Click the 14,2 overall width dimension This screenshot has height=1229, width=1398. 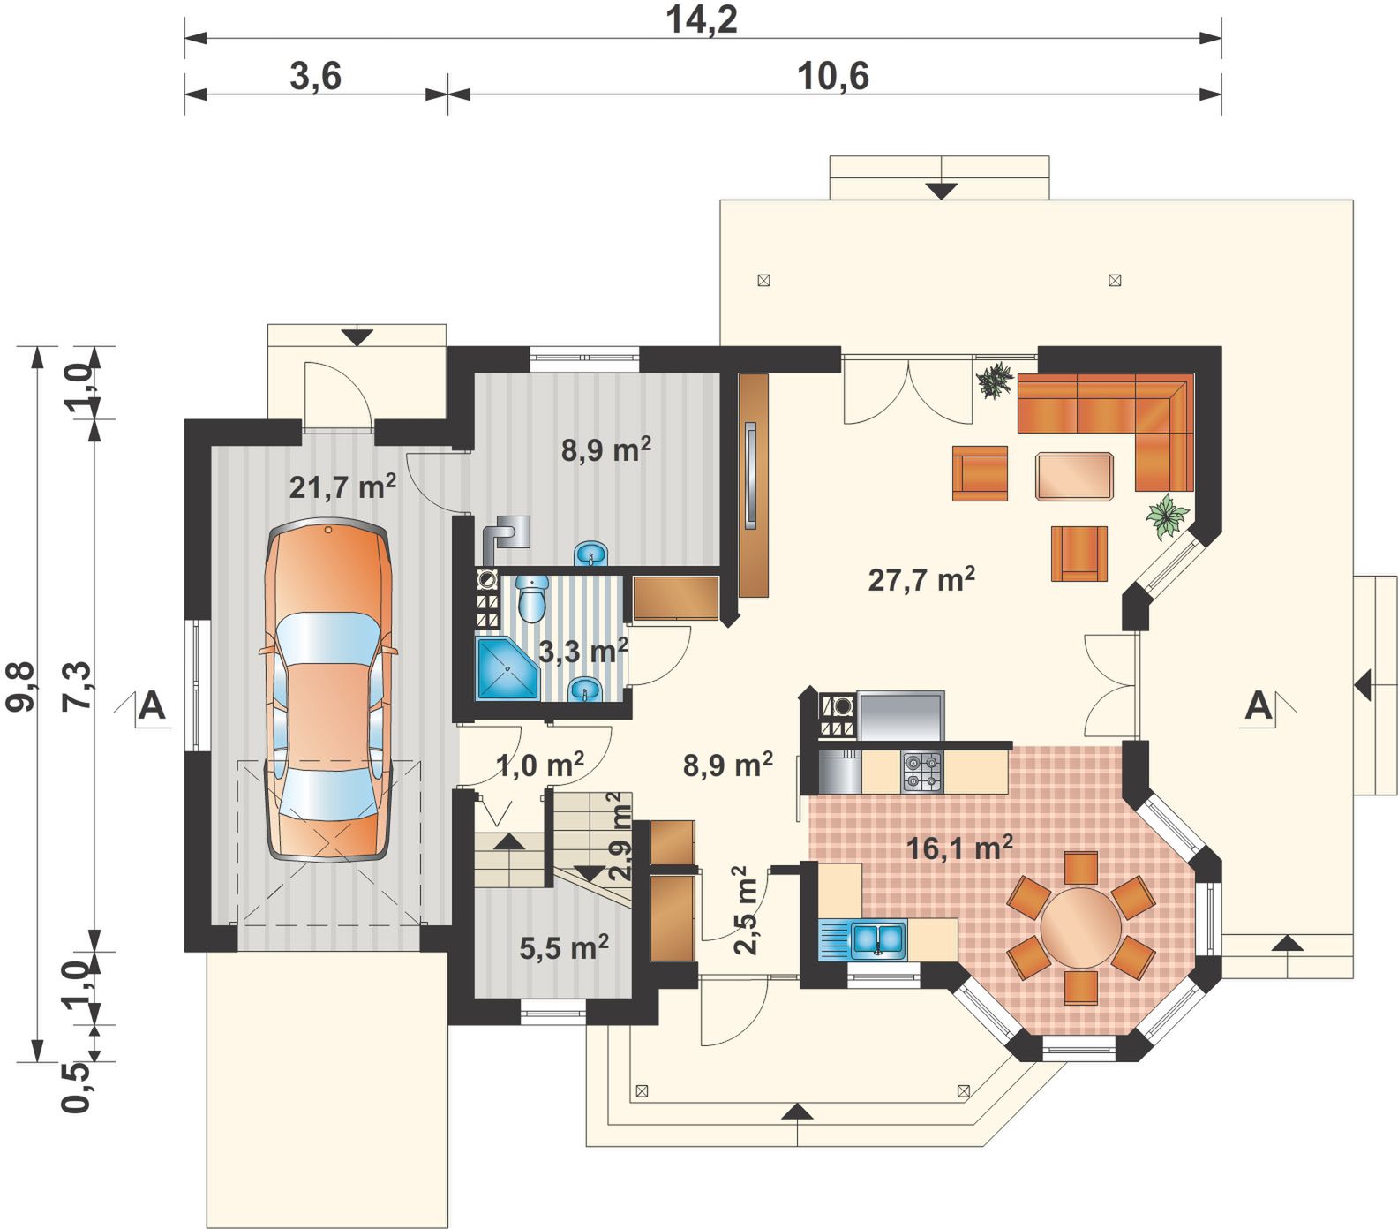[x=702, y=19]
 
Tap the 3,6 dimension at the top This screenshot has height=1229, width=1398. [x=316, y=77]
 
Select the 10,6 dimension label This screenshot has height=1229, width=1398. [x=833, y=77]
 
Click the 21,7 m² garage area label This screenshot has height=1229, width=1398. [x=342, y=486]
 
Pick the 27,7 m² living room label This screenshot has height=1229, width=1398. [x=921, y=579]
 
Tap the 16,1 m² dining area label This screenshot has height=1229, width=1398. [x=959, y=848]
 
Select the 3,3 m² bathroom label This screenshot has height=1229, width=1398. [x=582, y=652]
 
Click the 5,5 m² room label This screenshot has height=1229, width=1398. [x=564, y=948]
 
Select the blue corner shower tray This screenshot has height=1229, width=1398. [x=507, y=668]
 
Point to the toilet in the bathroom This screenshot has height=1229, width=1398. [x=531, y=597]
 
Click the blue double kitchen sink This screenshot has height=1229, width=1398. [x=878, y=939]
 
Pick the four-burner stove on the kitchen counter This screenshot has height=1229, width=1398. [x=921, y=771]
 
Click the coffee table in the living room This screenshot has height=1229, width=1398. [x=1074, y=476]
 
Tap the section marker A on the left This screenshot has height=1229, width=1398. [x=152, y=707]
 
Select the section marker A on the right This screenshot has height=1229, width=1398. [x=1259, y=706]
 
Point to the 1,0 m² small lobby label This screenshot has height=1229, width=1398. [x=540, y=765]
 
